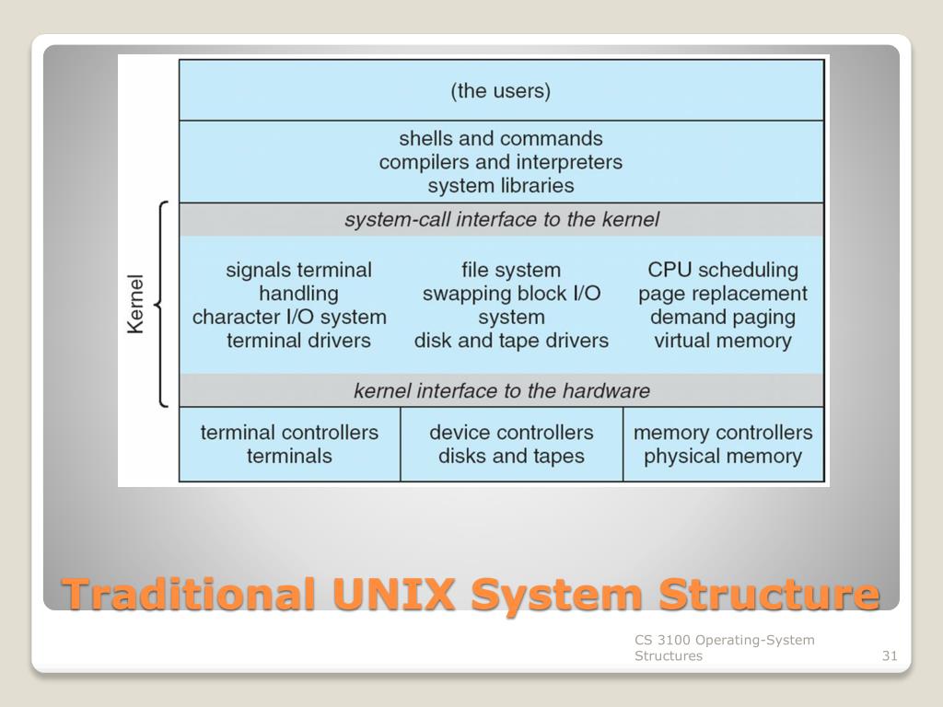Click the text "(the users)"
pyautogui.click(x=500, y=91)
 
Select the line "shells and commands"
pyautogui.click(x=500, y=139)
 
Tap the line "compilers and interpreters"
pyautogui.click(x=500, y=163)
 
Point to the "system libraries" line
pyautogui.click(x=500, y=186)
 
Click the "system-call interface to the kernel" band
pyautogui.click(x=502, y=220)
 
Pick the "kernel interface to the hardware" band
pyautogui.click(x=502, y=391)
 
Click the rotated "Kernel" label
pyautogui.click(x=135, y=304)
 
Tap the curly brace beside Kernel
pyautogui.click(x=162, y=304)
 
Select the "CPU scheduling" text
pyautogui.click(x=722, y=271)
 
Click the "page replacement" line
pyautogui.click(x=722, y=295)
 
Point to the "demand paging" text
pyautogui.click(x=722, y=318)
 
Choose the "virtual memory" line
pyautogui.click(x=722, y=342)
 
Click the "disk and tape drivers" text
pyautogui.click(x=511, y=342)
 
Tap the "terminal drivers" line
pyautogui.click(x=298, y=342)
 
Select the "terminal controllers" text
pyautogui.click(x=289, y=433)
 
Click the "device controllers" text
pyautogui.click(x=511, y=433)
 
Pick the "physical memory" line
pyautogui.click(x=722, y=457)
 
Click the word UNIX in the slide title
pyautogui.click(x=393, y=594)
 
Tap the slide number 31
pyautogui.click(x=889, y=656)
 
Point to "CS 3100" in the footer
pyautogui.click(x=662, y=640)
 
